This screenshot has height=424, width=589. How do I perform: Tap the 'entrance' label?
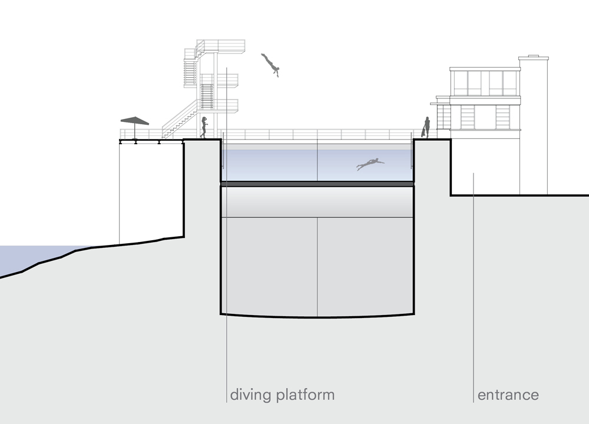(508, 395)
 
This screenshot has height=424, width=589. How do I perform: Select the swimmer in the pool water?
(369, 164)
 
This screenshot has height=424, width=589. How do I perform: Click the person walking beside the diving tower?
(204, 127)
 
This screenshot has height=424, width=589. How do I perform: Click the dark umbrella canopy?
(135, 120)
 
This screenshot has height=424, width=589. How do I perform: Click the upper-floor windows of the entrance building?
(484, 82)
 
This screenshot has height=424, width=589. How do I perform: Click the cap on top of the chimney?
(533, 58)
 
